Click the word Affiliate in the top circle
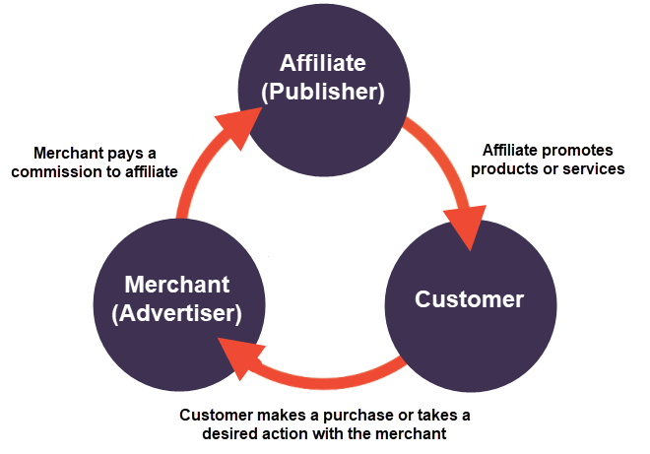(x=323, y=64)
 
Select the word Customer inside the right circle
(x=469, y=299)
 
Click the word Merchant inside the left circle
(x=177, y=286)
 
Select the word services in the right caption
(x=595, y=168)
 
